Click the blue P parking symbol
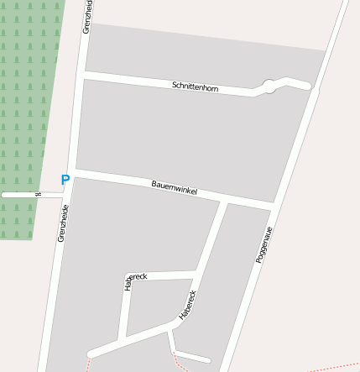pyautogui.click(x=65, y=180)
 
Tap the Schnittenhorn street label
pyautogui.click(x=195, y=86)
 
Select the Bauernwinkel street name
pyautogui.click(x=174, y=187)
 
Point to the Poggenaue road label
pyautogui.click(x=264, y=244)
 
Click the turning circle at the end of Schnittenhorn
pyautogui.click(x=269, y=86)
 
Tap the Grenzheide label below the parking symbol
pyautogui.click(x=63, y=224)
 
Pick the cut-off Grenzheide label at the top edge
pyautogui.click(x=87, y=16)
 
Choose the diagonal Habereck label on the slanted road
pyautogui.click(x=187, y=305)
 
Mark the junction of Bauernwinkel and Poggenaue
pyautogui.click(x=273, y=205)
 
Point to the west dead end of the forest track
pyautogui.click(x=3, y=194)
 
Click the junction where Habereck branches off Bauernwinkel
pyautogui.click(x=224, y=201)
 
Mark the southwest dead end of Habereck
pyautogui.click(x=91, y=354)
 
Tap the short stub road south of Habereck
pyautogui.click(x=189, y=356)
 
